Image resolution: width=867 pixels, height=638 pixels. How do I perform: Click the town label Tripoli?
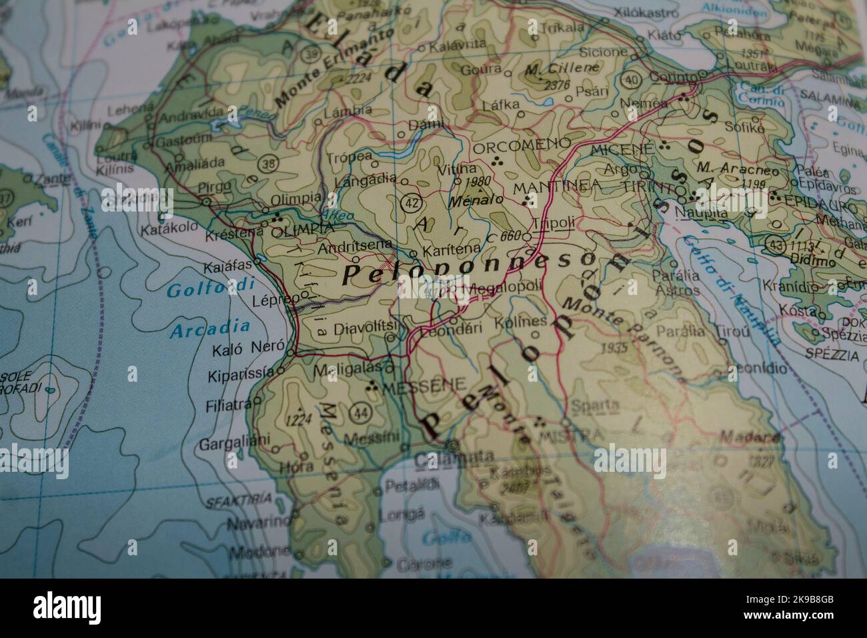tap(554, 223)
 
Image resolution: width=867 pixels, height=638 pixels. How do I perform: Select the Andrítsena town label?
tap(355, 246)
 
